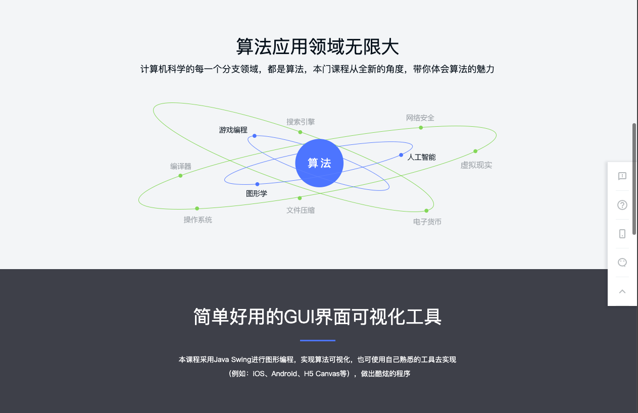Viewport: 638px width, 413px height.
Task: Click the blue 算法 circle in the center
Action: coord(319,163)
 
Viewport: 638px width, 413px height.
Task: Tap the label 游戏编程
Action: coord(233,130)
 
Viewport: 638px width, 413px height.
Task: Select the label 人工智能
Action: coord(421,157)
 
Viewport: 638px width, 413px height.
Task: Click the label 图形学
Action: coord(257,193)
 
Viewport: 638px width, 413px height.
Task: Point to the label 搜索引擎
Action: coord(301,122)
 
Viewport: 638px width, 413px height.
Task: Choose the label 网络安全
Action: coord(420,118)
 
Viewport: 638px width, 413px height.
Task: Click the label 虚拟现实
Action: coord(476,165)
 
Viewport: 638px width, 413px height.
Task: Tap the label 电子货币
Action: coord(427,222)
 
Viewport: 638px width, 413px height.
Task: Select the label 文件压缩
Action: coord(301,211)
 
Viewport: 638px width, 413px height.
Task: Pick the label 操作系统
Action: coord(198,220)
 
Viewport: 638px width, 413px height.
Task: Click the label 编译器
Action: coord(180,166)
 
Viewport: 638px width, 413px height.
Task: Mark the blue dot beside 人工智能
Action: coord(401,155)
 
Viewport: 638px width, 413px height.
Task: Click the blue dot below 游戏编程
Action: coord(255,136)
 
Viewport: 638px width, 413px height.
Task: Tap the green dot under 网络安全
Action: coord(421,128)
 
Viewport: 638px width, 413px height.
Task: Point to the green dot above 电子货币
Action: coord(426,211)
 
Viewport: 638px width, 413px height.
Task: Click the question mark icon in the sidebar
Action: coord(622,205)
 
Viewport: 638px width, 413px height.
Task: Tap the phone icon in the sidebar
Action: coord(622,234)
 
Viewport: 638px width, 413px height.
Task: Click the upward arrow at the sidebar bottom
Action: coord(622,291)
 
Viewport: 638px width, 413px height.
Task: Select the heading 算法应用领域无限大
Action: coord(318,46)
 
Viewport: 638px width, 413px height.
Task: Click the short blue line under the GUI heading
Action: coord(318,340)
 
